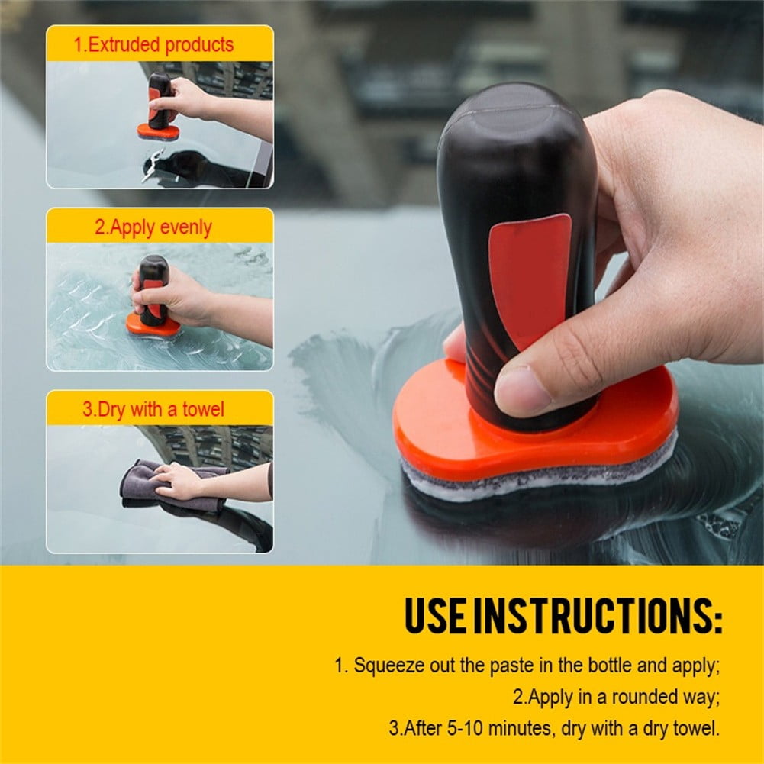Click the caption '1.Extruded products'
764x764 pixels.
(x=153, y=44)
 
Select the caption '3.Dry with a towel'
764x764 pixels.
(x=153, y=409)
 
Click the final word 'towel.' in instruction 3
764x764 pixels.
(x=695, y=728)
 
